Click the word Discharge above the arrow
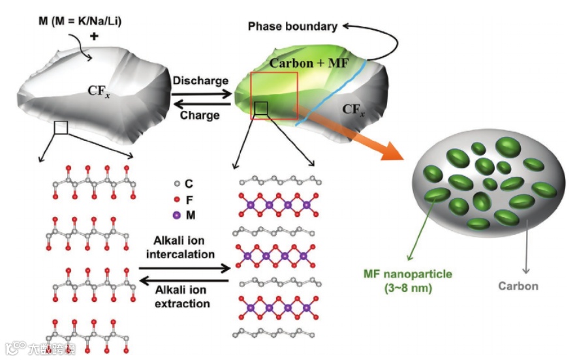click(x=200, y=80)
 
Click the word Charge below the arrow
click(x=200, y=115)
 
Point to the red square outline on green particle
click(x=273, y=74)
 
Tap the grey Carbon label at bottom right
click(x=518, y=286)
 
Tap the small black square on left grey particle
click(x=61, y=127)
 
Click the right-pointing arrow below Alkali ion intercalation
click(x=185, y=267)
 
